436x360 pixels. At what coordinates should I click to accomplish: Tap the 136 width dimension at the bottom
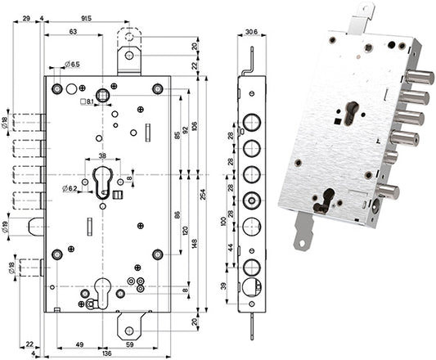pyautogui.click(x=107, y=353)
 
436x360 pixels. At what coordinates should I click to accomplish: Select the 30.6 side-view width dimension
pyautogui.click(x=252, y=32)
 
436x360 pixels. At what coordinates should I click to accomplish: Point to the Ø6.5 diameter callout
pyautogui.click(x=72, y=65)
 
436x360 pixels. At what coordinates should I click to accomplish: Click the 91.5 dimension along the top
pyautogui.click(x=86, y=18)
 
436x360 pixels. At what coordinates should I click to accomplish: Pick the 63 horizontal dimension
pyautogui.click(x=73, y=31)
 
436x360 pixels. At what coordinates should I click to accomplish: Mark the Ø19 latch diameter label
pyautogui.click(x=6, y=226)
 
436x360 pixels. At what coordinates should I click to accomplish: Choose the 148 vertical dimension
pyautogui.click(x=195, y=243)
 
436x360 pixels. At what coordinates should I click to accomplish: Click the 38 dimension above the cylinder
pyautogui.click(x=102, y=155)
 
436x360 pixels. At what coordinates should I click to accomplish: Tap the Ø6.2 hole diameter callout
pyautogui.click(x=70, y=189)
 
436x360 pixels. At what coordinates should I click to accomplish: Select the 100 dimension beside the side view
pyautogui.click(x=223, y=221)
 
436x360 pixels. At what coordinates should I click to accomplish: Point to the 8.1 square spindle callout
pyautogui.click(x=87, y=101)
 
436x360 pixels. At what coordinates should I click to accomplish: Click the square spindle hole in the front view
pyautogui.click(x=102, y=96)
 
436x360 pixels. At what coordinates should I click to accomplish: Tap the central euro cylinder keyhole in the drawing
pyautogui.click(x=102, y=182)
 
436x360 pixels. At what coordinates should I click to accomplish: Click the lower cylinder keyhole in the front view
pyautogui.click(x=102, y=293)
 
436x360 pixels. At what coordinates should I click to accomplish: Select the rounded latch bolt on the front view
pyautogui.click(x=36, y=227)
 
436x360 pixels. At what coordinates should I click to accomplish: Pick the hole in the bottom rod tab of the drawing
pyautogui.click(x=128, y=331)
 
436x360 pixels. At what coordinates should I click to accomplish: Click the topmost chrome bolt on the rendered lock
pyautogui.click(x=420, y=77)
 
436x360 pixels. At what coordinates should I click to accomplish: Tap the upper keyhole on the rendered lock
pyautogui.click(x=351, y=113)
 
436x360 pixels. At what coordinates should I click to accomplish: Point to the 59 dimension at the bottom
pyautogui.click(x=130, y=344)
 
